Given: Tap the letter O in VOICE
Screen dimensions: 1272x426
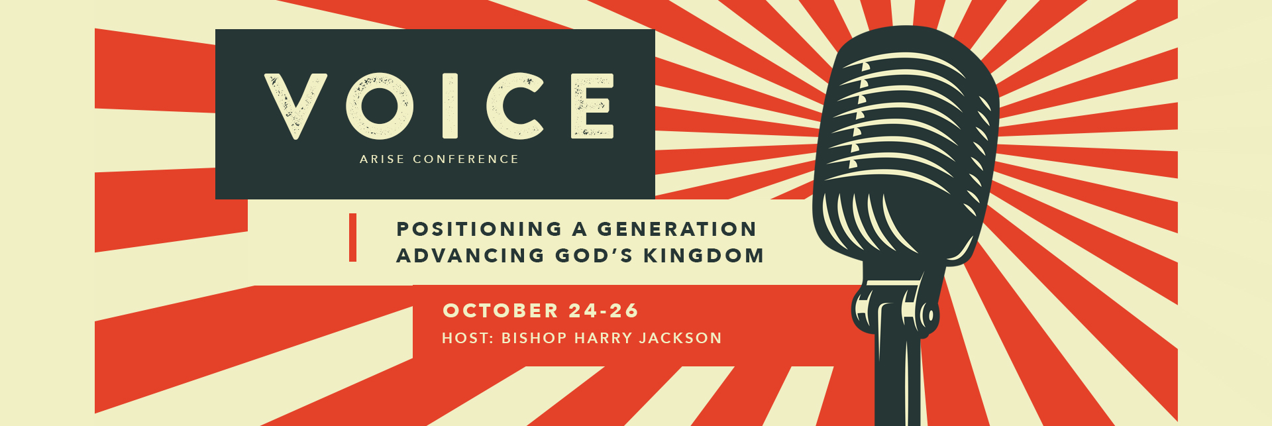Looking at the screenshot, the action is tap(380, 106).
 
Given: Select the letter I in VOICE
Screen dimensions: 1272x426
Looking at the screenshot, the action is tap(450, 106).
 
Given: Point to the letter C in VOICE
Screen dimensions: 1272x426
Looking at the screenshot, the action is tap(515, 106).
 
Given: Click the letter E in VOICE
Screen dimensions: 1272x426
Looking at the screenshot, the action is tap(592, 106).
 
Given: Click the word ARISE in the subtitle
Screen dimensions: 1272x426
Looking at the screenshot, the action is tap(382, 159).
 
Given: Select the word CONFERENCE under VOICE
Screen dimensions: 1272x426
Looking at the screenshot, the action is tap(466, 159).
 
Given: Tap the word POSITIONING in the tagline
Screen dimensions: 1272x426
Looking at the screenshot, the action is tap(479, 229).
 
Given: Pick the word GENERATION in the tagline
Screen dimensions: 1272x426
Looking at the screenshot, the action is tap(676, 229).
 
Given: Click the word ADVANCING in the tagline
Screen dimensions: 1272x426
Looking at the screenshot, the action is tap(470, 256).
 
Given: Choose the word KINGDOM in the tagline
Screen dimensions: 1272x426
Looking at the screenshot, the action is tap(704, 256).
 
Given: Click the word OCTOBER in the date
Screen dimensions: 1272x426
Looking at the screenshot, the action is tap(501, 311).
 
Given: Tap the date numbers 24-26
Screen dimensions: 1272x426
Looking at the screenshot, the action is tap(603, 311).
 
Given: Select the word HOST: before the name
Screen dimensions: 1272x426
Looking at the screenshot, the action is tap(468, 339).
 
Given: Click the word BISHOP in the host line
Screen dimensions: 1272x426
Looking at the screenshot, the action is tap(534, 339).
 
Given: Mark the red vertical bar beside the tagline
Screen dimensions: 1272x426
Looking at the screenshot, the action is tap(353, 237).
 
